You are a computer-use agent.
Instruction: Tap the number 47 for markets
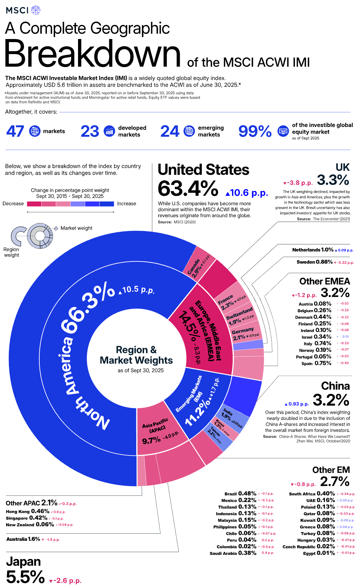click(15, 131)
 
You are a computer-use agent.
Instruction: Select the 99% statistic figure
click(255, 131)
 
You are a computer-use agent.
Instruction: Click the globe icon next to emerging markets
click(189, 131)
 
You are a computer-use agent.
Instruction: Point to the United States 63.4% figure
click(188, 189)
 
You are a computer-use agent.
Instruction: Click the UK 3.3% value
click(333, 180)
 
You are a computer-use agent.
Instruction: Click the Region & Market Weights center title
click(136, 355)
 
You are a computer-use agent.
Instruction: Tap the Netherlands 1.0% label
click(313, 250)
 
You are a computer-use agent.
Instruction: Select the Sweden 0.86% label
click(314, 262)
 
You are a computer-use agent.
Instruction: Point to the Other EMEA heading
click(324, 281)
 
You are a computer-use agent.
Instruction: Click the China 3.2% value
click(331, 400)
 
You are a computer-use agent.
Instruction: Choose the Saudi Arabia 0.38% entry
click(233, 553)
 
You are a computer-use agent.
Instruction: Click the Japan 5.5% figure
click(25, 577)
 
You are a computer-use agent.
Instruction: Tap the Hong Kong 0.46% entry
click(27, 511)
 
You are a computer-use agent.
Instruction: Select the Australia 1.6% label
click(23, 539)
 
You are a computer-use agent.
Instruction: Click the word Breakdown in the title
click(92, 54)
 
